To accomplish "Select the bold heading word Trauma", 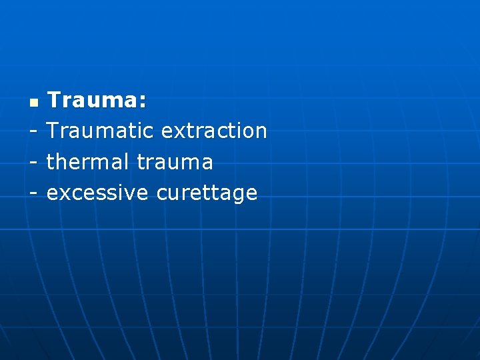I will pyautogui.click(x=93, y=101).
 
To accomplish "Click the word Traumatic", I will pyautogui.click(x=100, y=131).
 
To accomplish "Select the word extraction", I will pyautogui.click(x=214, y=131).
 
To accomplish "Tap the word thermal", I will pyautogui.click(x=88, y=162).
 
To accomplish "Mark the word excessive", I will pyautogui.click(x=97, y=193).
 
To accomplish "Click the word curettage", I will pyautogui.click(x=207, y=194).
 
